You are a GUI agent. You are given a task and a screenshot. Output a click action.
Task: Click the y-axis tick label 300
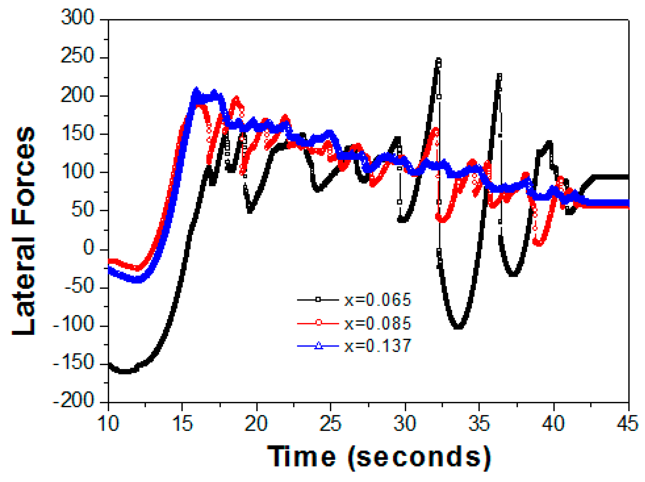[x=77, y=17]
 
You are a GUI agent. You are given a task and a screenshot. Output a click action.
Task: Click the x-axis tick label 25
[x=330, y=424]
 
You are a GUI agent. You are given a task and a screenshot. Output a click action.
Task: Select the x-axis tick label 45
[x=627, y=424]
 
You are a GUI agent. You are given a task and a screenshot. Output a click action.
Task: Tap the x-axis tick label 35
[x=479, y=424]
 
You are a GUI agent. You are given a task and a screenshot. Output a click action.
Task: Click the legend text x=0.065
[x=377, y=300]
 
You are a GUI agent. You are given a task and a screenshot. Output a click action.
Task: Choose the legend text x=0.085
[x=377, y=323]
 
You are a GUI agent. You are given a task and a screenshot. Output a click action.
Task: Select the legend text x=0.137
[x=377, y=346]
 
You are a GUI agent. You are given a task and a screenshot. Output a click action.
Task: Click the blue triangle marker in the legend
[x=318, y=346]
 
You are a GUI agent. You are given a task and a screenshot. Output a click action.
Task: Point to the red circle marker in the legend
[x=318, y=323]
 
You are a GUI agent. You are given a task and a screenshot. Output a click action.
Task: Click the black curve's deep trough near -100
[x=458, y=327]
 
